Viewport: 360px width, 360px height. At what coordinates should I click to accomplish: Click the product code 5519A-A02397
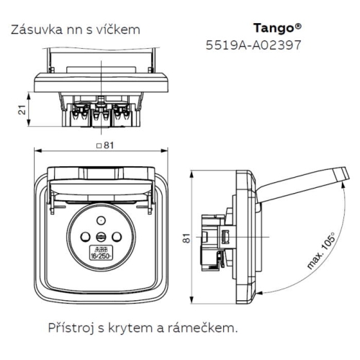tap(253, 45)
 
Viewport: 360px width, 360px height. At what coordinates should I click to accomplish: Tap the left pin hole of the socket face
tap(84, 236)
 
